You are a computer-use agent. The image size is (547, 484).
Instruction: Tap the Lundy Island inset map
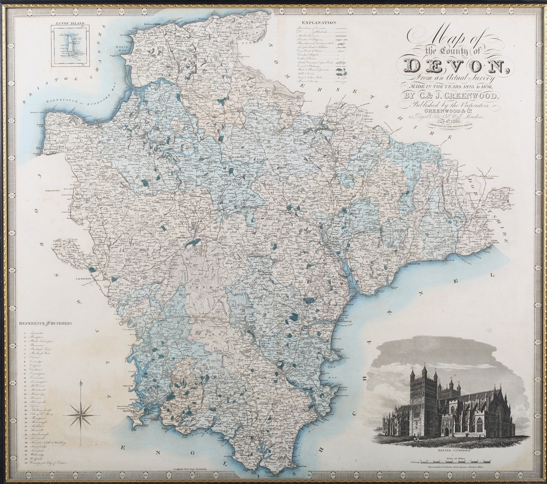point(70,46)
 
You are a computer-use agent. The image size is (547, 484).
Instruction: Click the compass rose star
point(81,414)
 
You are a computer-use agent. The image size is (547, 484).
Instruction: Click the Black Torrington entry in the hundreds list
point(41,341)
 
